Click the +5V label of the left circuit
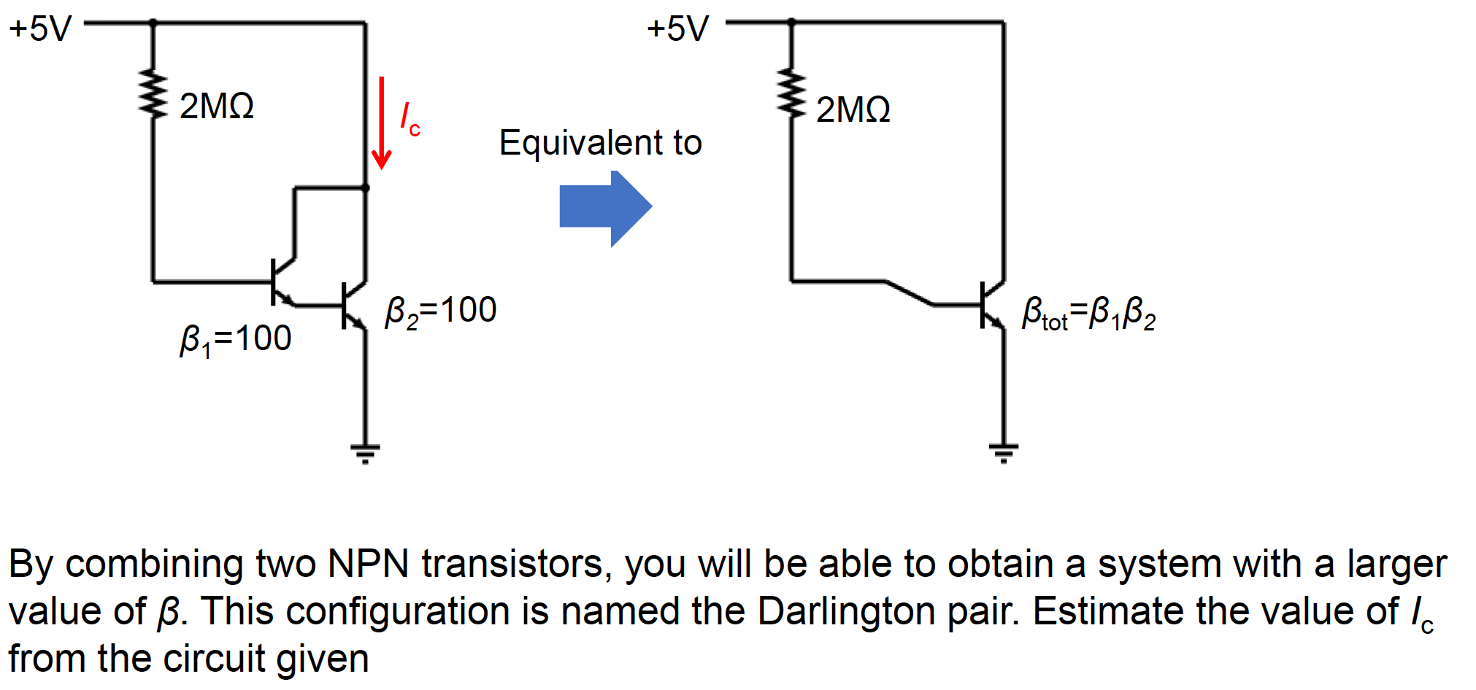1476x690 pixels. [x=41, y=29]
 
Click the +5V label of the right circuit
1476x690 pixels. [x=678, y=29]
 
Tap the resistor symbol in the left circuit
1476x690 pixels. [x=153, y=93]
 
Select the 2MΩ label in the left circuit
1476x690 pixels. [x=217, y=106]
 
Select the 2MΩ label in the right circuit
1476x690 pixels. [x=853, y=110]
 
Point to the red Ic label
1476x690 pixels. [x=410, y=119]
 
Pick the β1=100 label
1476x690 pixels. [x=235, y=339]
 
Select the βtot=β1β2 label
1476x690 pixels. [x=1088, y=314]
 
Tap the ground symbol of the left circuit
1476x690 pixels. [x=365, y=453]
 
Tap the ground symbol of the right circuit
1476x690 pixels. [x=1004, y=453]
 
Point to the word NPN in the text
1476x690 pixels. [x=368, y=565]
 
